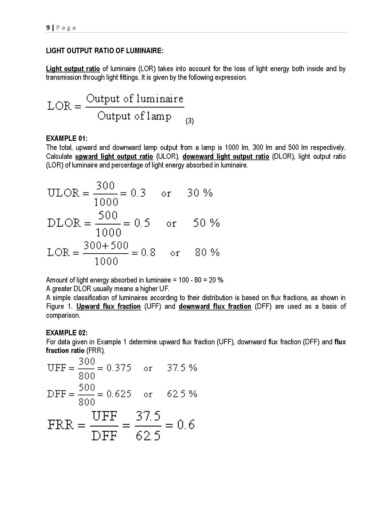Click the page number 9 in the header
(x=48, y=28)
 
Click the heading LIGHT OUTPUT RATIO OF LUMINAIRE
(x=104, y=51)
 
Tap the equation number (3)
(x=190, y=121)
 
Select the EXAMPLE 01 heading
(x=67, y=138)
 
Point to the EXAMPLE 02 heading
(x=67, y=333)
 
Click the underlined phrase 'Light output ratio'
(x=73, y=69)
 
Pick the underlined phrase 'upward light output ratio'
(x=114, y=156)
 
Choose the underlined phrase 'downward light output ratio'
(x=226, y=156)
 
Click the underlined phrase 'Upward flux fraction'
(x=109, y=306)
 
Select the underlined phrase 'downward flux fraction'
(x=215, y=306)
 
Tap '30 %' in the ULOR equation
(x=200, y=193)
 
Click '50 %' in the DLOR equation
(x=206, y=223)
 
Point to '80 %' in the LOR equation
(x=207, y=252)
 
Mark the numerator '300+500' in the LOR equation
(x=106, y=246)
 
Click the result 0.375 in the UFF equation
(x=119, y=368)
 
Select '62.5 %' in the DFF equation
(x=182, y=394)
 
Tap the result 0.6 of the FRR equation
(x=186, y=425)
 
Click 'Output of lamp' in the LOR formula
(x=134, y=116)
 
